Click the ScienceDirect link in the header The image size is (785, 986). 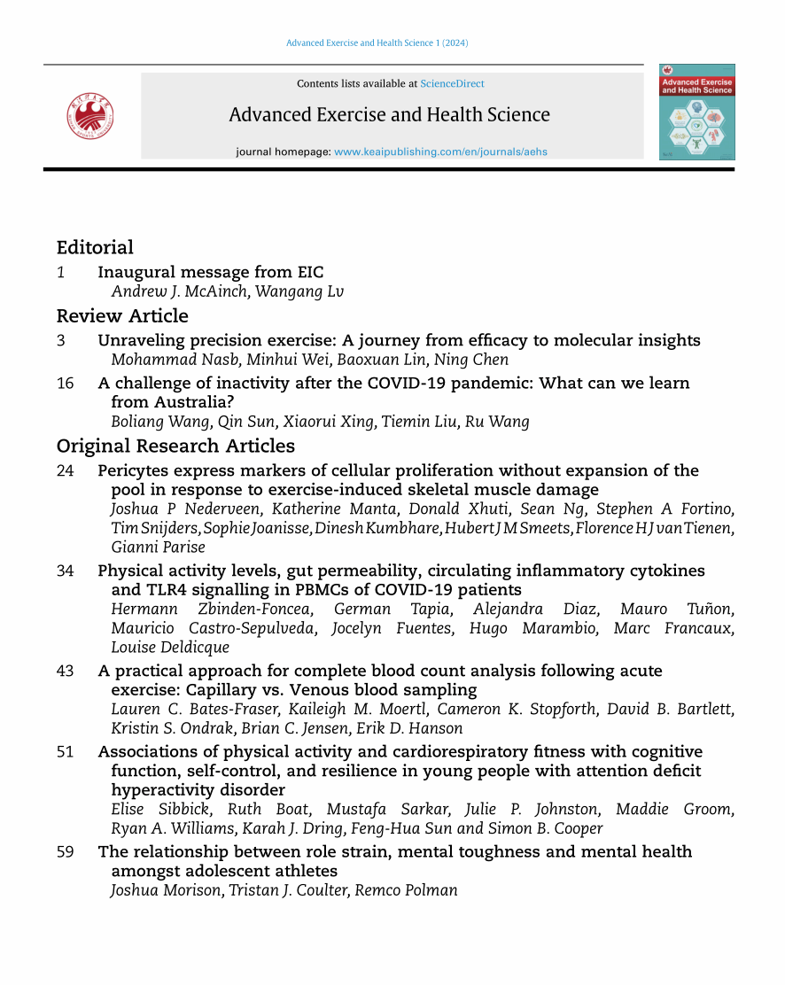click(452, 84)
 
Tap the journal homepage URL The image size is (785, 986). click(440, 151)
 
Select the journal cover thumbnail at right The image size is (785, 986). click(696, 112)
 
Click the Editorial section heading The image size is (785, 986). click(95, 248)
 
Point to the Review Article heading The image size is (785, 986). click(122, 316)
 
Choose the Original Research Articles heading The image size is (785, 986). click(175, 446)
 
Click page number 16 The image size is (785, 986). click(65, 384)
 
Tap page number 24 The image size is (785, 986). click(65, 470)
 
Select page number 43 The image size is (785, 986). click(65, 672)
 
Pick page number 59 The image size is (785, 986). click(65, 852)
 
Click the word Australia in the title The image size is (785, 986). click(178, 402)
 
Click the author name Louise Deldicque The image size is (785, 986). click(170, 648)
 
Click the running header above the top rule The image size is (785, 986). click(377, 43)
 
